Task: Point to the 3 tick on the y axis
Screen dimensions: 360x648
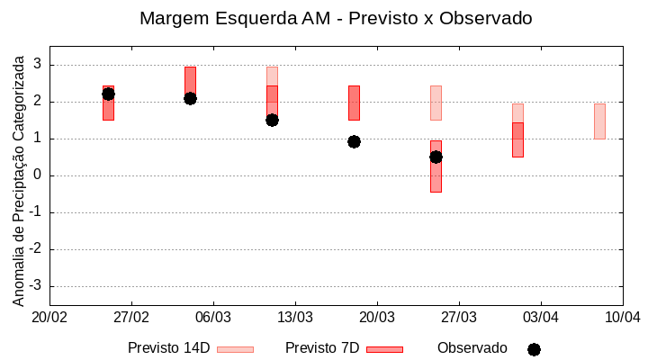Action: tap(39, 65)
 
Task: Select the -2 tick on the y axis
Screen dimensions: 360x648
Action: tap(36, 249)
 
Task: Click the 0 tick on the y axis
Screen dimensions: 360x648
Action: tap(39, 175)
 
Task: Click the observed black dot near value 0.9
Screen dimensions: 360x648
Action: tap(354, 141)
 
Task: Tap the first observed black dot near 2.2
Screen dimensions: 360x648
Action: tap(108, 94)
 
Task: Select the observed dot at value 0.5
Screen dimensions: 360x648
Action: tap(436, 157)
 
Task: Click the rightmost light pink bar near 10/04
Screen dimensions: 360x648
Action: tap(599, 121)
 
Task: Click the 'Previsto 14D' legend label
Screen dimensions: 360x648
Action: tap(168, 348)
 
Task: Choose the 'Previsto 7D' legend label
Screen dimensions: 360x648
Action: tap(322, 348)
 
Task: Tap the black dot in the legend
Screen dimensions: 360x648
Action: tap(534, 349)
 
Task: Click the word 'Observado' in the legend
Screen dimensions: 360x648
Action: tap(472, 348)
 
